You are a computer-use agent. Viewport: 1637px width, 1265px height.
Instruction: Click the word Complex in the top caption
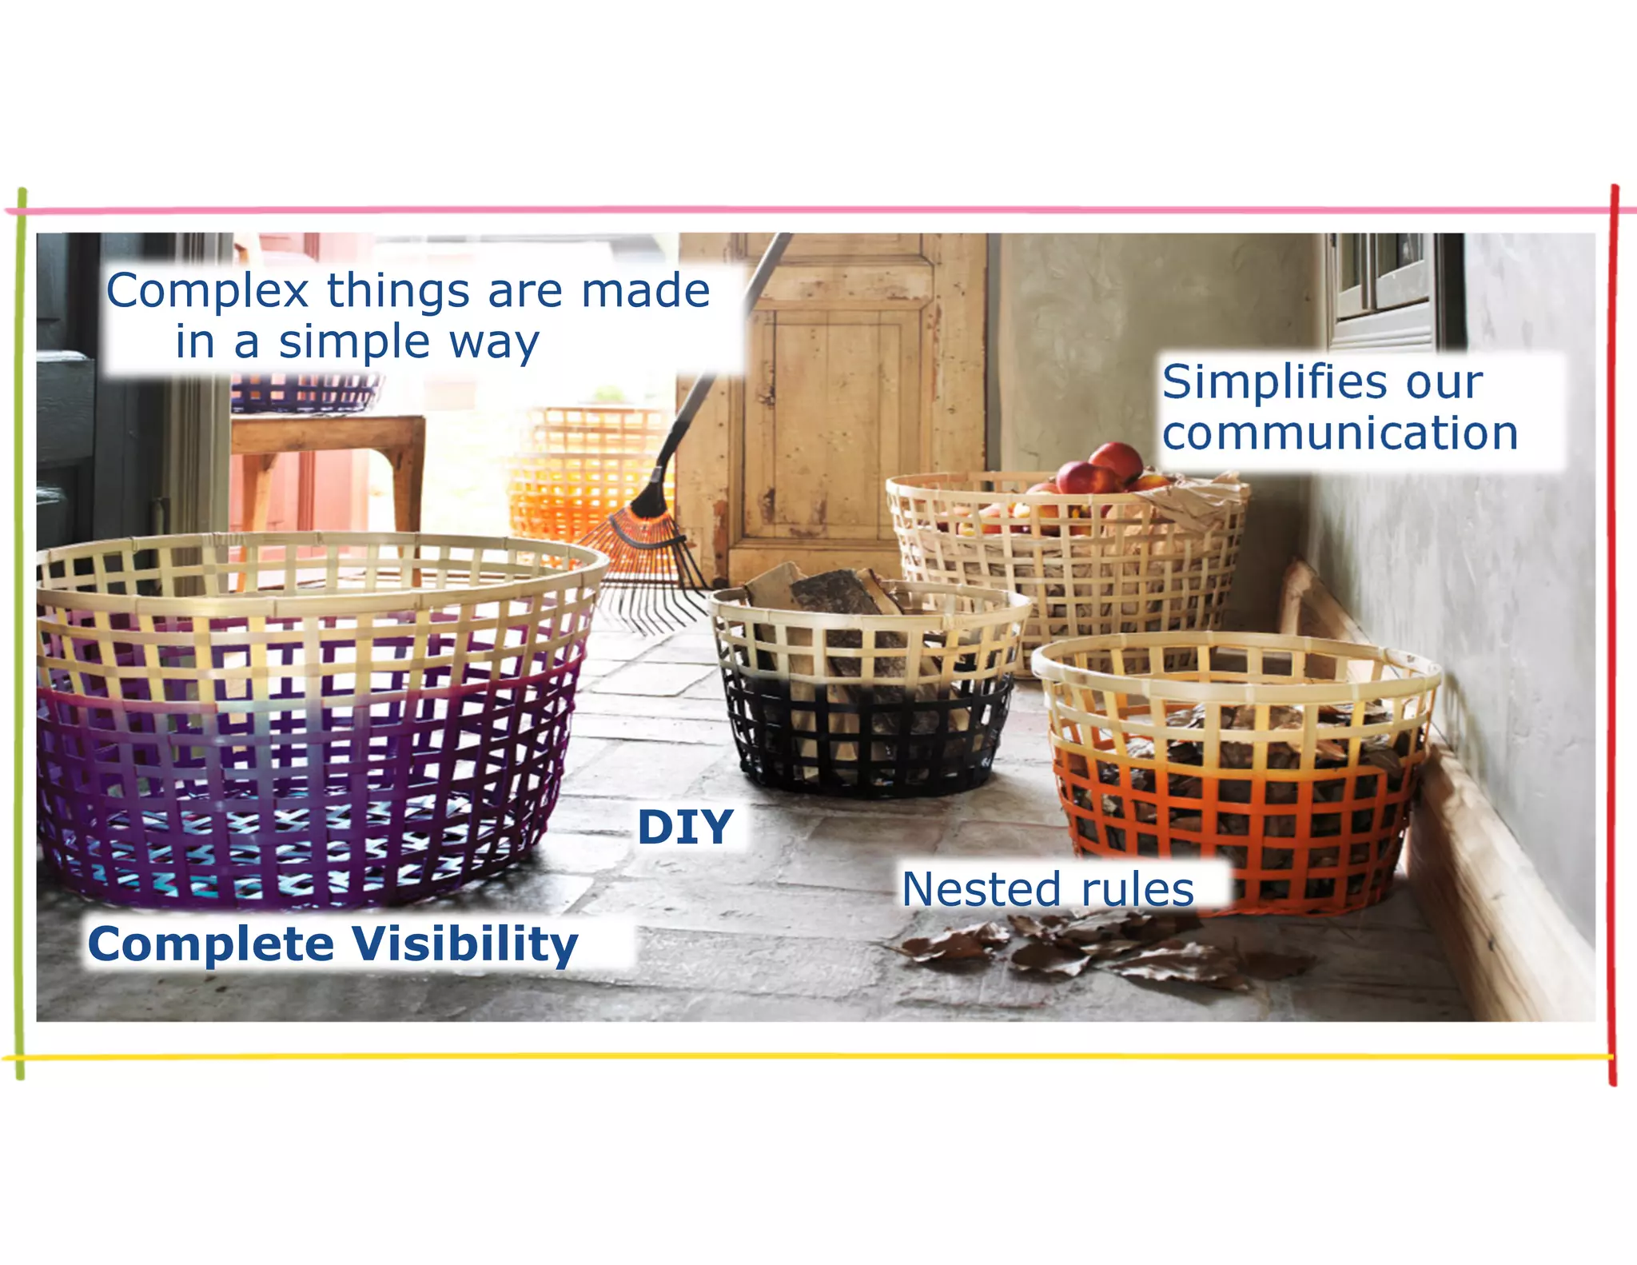coord(208,291)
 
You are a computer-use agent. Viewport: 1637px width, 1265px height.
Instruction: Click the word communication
coord(1340,434)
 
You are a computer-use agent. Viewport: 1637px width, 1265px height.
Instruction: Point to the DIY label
coord(685,828)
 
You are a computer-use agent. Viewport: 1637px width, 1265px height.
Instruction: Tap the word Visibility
coord(464,945)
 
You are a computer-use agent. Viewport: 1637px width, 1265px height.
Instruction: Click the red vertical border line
coord(1612,640)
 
